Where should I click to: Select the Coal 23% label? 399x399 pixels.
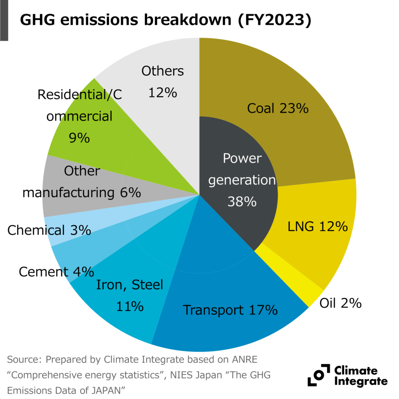point(278,108)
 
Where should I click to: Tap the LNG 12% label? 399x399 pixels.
point(318,226)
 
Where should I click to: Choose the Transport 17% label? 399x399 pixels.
point(230,310)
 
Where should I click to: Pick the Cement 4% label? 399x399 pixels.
point(56,272)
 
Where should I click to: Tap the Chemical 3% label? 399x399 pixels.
point(49,230)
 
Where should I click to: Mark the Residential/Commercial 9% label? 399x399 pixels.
point(79,116)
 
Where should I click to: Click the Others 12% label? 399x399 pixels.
point(162,82)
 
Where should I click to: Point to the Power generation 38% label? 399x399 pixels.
point(242,180)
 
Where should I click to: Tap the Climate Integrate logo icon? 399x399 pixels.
point(318,375)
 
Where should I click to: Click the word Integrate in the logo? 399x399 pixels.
point(361,381)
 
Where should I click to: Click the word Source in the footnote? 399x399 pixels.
point(24,358)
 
